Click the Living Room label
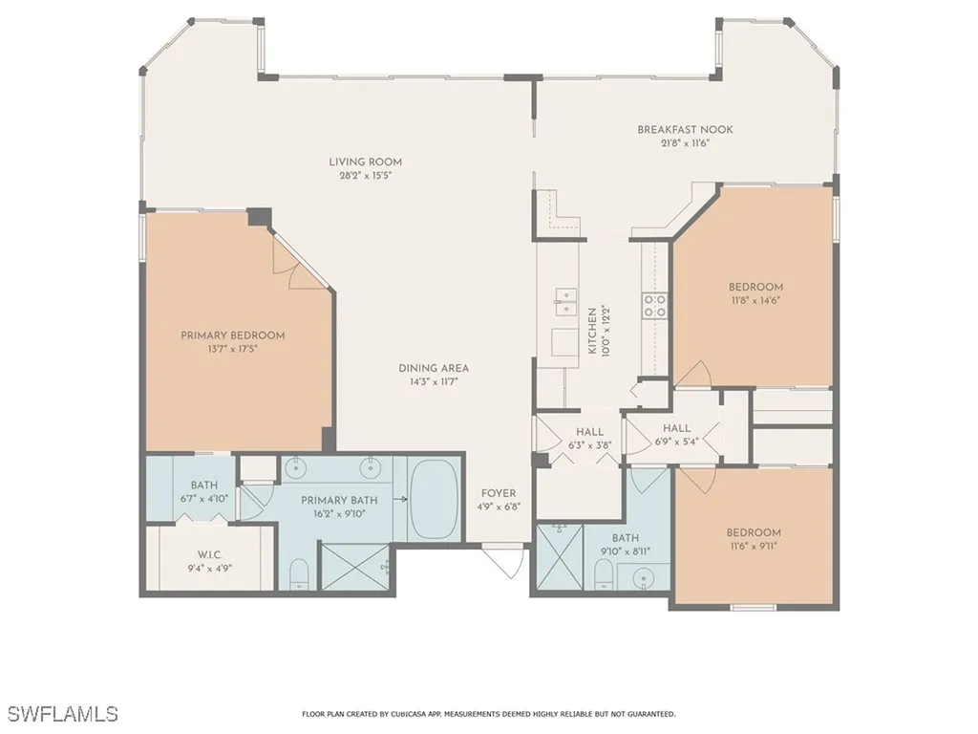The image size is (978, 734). [365, 162]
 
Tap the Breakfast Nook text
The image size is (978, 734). [685, 130]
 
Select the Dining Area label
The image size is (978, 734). [434, 368]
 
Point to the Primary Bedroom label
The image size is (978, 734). [232, 335]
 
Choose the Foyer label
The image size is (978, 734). [499, 493]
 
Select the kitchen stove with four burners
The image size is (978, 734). [655, 305]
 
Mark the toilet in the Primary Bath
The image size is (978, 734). [298, 574]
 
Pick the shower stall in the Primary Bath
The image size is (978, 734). [355, 570]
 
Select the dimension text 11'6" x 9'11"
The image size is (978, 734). [753, 546]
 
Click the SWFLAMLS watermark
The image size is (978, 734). [63, 714]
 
